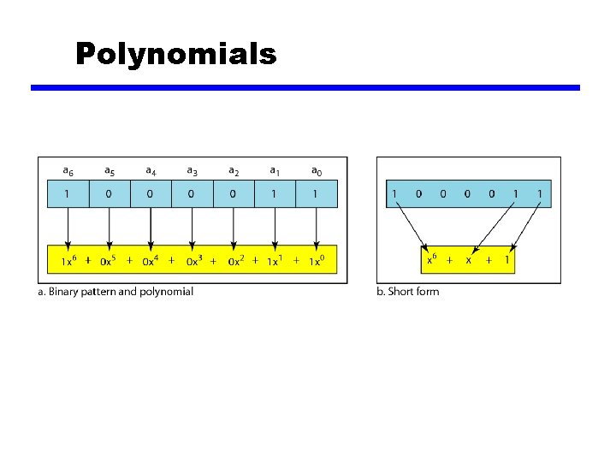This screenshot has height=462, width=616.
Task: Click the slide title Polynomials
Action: pos(175,54)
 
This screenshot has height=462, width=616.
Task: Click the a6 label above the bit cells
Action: pos(68,171)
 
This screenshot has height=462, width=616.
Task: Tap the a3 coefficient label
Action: pos(192,171)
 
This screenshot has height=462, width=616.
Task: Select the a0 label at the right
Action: pos(317,171)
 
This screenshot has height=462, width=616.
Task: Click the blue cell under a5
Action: pos(110,194)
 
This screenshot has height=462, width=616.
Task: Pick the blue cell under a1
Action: pos(275,194)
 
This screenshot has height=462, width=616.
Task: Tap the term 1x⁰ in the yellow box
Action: pos(318,260)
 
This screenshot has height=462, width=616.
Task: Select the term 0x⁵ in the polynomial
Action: pos(111,260)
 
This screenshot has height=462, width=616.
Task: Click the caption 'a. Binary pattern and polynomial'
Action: pos(115,292)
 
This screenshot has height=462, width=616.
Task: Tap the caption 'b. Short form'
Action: pos(407,292)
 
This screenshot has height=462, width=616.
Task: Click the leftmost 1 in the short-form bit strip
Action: pos(394,194)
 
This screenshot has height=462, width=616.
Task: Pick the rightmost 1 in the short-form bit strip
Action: pos(540,194)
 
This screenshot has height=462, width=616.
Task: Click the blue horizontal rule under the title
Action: pos(305,87)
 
